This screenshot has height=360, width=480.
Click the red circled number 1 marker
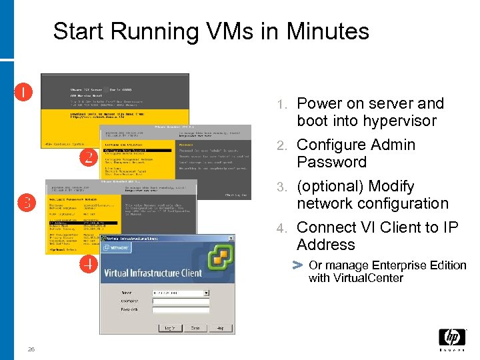point(24,91)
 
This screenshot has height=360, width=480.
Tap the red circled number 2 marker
point(87,158)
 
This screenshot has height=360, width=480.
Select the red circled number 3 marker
point(25,203)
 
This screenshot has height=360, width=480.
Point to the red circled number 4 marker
point(87,265)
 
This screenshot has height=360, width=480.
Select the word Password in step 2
point(332,162)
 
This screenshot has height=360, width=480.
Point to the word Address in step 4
point(326,245)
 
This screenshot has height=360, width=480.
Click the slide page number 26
point(31,349)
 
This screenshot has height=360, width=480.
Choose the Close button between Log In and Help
point(196,328)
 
